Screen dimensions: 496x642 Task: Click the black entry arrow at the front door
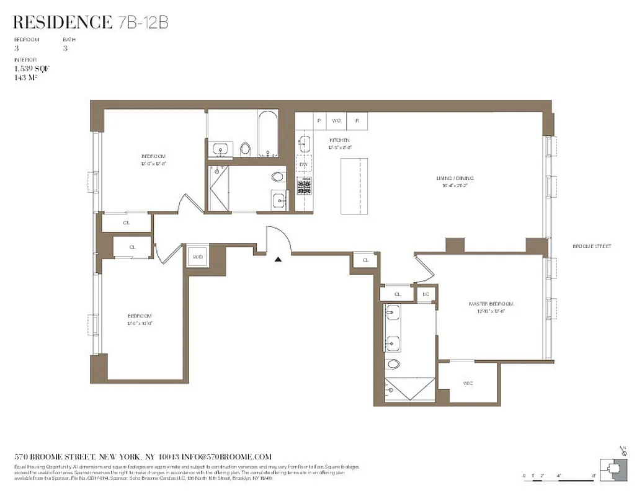click(279, 259)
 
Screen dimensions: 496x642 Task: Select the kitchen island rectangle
click(354, 186)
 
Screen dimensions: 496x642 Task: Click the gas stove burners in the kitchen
click(304, 185)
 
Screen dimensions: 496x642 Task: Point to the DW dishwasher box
click(304, 164)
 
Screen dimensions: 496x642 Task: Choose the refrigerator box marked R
click(357, 120)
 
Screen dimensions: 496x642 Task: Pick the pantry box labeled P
click(319, 120)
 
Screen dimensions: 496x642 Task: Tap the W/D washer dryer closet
click(198, 256)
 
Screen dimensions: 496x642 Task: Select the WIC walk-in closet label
click(468, 383)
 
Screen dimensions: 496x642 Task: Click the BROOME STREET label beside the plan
click(592, 246)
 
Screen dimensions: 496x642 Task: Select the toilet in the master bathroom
click(393, 363)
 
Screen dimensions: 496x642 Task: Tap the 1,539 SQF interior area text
click(31, 69)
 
